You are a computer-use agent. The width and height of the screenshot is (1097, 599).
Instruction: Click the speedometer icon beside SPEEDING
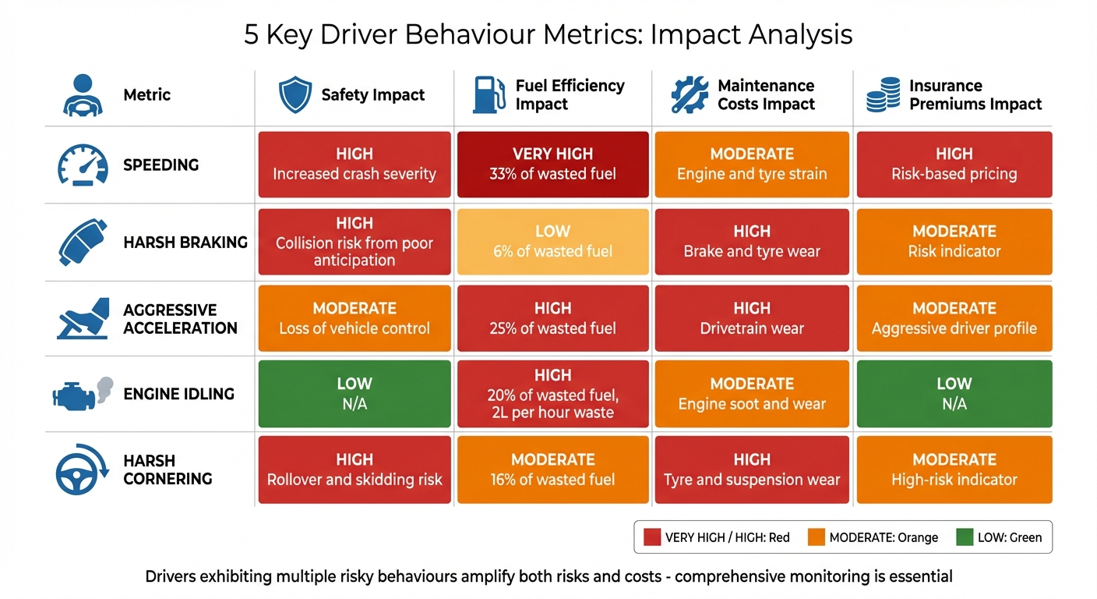[x=83, y=165]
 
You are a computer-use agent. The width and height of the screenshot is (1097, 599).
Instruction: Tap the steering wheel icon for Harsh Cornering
[x=82, y=470]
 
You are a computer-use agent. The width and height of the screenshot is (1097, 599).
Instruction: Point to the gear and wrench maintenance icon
[x=690, y=95]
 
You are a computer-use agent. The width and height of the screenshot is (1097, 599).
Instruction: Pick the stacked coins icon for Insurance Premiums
[x=883, y=95]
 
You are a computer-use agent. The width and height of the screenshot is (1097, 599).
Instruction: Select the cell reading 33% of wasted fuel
[x=552, y=165]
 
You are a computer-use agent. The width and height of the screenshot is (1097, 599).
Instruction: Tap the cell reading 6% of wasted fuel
[x=552, y=242]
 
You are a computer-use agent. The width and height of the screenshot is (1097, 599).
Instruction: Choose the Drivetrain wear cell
[x=752, y=318]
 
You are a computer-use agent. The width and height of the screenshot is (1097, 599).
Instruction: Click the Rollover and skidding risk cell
[x=354, y=470]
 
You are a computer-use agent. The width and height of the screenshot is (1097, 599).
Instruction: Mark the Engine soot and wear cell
[x=752, y=394]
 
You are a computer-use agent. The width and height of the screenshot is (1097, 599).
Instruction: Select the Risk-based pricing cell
[x=954, y=165]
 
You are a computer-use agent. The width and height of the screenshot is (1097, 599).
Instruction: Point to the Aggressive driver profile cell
[x=954, y=318]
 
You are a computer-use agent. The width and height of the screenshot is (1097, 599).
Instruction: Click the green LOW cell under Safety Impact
[x=354, y=394]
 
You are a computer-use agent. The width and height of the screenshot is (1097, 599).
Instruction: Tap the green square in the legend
[x=965, y=537]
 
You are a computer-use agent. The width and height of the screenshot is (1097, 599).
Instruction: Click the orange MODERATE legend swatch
[x=817, y=537]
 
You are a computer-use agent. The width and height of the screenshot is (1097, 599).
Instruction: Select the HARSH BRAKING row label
[x=185, y=243]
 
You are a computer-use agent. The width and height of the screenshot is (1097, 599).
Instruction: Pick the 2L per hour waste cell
[x=552, y=394]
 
